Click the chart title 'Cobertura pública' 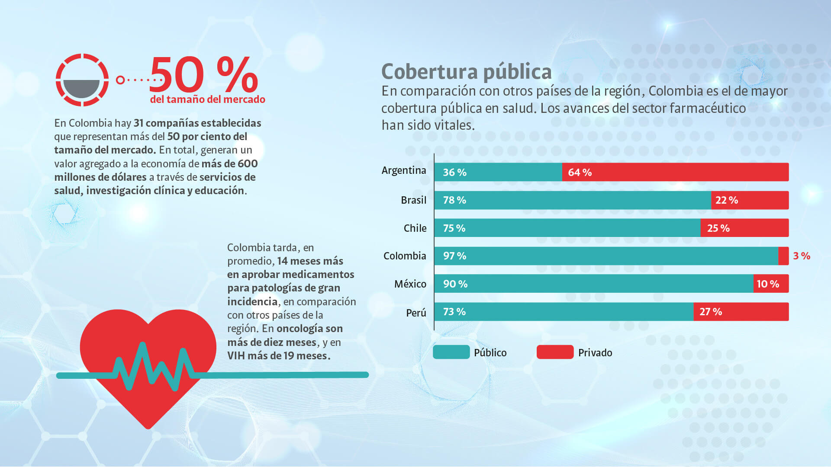(466, 72)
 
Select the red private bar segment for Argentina (675, 172)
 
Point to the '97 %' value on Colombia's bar (454, 256)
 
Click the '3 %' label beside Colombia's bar (801, 256)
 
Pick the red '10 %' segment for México (770, 284)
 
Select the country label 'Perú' (416, 313)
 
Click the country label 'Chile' (415, 228)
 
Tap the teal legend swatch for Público (451, 352)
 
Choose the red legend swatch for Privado (555, 352)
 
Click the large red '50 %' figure (203, 75)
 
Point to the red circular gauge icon (82, 80)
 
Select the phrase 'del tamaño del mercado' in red (207, 99)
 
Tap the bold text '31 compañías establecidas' (197, 123)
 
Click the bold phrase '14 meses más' (310, 261)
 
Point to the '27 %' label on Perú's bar (711, 312)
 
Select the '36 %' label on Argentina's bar (454, 173)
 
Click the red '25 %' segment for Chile (744, 228)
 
